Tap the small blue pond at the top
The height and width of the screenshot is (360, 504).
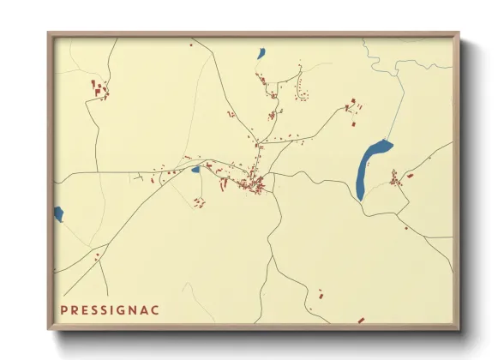(261, 55)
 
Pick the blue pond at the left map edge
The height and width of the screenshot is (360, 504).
(57, 213)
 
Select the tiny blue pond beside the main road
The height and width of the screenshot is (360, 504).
(196, 170)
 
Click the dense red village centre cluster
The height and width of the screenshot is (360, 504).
(254, 184)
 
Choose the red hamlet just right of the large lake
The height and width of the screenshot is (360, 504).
(396, 179)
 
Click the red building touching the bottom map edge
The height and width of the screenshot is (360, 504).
(361, 321)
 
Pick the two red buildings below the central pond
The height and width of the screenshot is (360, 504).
(200, 203)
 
